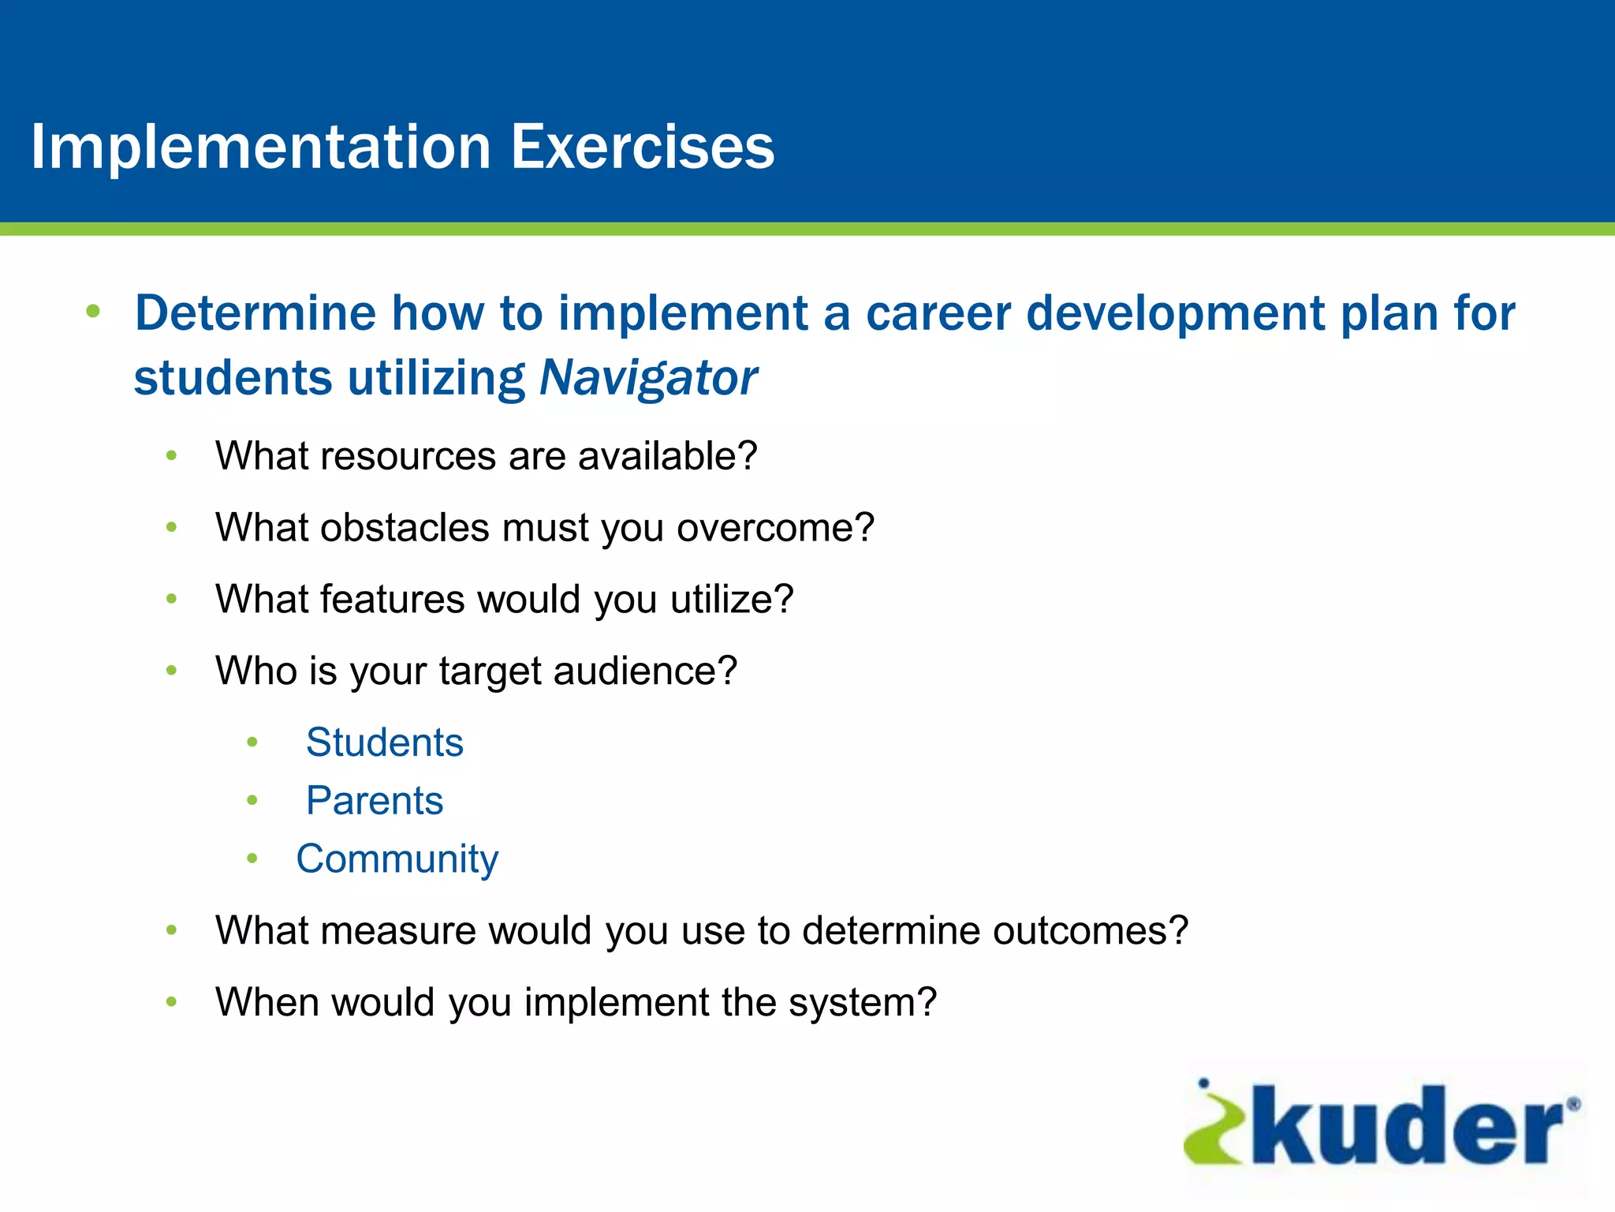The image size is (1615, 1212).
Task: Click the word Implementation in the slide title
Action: pyautogui.click(x=260, y=148)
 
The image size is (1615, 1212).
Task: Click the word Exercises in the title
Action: pyautogui.click(x=642, y=148)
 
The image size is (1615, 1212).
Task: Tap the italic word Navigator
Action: pyautogui.click(x=647, y=378)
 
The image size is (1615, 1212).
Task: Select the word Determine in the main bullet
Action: pyautogui.click(x=255, y=313)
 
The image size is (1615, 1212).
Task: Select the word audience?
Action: pyautogui.click(x=645, y=671)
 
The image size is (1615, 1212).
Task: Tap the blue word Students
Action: pyautogui.click(x=385, y=743)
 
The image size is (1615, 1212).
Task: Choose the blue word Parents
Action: pyautogui.click(x=375, y=801)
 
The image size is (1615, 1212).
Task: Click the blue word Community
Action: pyautogui.click(x=397, y=859)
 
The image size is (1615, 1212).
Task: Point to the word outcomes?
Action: pyautogui.click(x=1090, y=931)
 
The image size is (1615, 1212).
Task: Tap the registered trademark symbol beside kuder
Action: pyautogui.click(x=1572, y=1105)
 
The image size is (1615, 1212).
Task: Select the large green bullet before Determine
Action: pyautogui.click(x=93, y=311)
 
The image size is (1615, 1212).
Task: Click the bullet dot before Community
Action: pyautogui.click(x=252, y=858)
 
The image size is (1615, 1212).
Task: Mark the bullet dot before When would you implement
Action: pyautogui.click(x=171, y=1002)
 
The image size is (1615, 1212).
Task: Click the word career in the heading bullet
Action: pyautogui.click(x=938, y=313)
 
